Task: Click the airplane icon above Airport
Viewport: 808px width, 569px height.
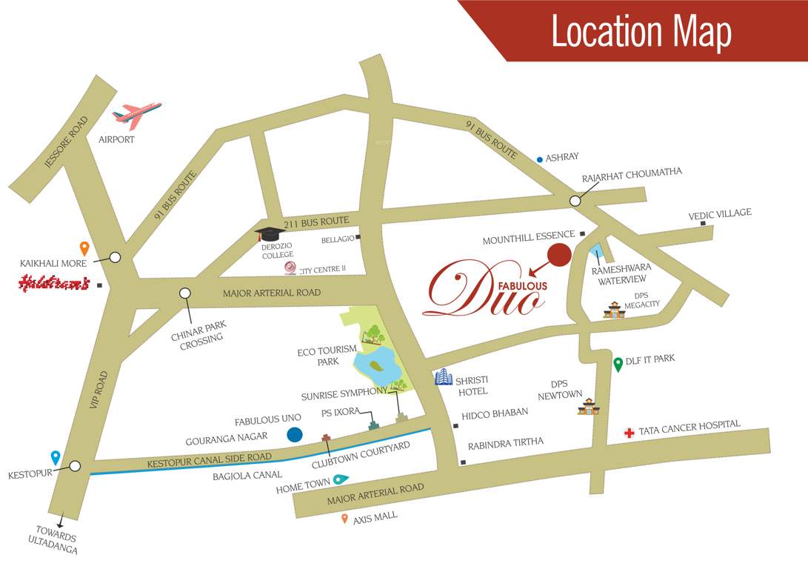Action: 137,115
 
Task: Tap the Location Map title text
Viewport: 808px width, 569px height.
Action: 641,32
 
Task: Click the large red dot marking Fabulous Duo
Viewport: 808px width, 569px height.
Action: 559,255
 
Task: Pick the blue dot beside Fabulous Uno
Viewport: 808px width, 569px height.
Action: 294,435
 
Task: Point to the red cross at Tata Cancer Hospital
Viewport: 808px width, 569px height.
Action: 629,433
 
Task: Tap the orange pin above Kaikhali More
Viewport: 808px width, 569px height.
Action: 84,248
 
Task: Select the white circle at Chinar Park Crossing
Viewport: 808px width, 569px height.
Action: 185,293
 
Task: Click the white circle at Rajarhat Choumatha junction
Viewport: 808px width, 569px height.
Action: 575,201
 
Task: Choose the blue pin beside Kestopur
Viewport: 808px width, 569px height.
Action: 55,458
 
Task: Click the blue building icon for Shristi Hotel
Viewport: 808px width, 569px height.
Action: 443,377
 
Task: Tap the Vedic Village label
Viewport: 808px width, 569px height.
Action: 720,213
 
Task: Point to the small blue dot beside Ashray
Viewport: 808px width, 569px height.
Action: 539,159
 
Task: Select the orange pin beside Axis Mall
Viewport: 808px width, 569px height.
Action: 344,519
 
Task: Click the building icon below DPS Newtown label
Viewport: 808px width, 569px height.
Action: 588,406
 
